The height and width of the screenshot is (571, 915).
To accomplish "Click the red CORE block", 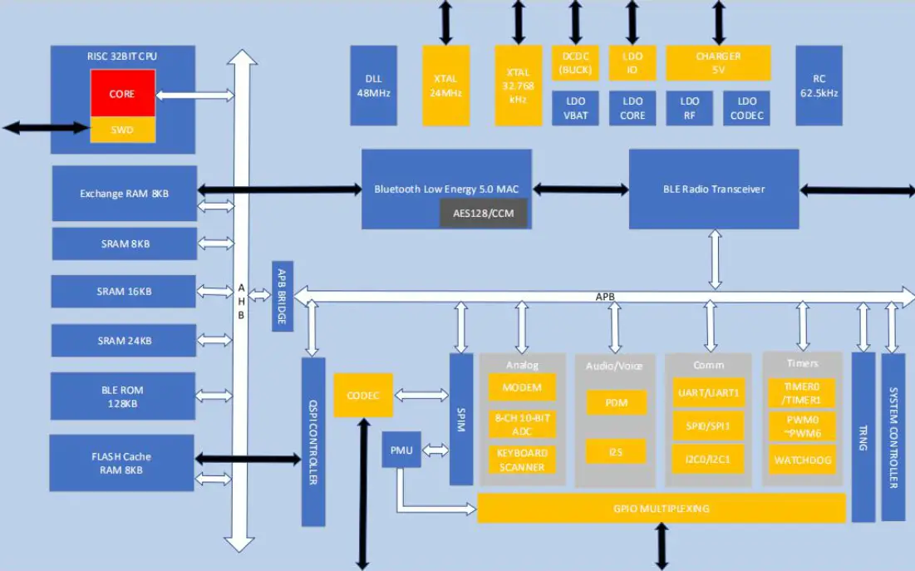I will tap(123, 93).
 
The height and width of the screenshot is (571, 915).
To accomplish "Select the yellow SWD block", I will tap(123, 130).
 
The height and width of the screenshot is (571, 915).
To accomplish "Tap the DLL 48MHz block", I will tap(373, 86).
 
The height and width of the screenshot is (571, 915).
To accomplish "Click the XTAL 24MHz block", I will tap(445, 86).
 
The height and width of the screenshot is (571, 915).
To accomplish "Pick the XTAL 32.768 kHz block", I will tap(518, 86).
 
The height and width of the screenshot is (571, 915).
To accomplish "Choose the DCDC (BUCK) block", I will tap(575, 63).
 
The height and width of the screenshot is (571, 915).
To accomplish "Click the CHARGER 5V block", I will tap(718, 63).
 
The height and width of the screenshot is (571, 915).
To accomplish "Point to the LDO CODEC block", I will tap(746, 108).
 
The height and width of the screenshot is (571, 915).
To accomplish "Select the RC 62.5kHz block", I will tap(819, 86).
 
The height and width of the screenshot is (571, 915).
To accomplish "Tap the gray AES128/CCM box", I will tap(483, 213).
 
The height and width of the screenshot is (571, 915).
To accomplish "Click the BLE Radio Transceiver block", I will tap(713, 189).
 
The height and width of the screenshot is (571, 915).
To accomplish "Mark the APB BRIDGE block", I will tap(283, 295).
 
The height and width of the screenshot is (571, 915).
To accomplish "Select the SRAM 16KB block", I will tap(124, 292).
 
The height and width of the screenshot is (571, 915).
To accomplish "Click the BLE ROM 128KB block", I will tap(123, 396).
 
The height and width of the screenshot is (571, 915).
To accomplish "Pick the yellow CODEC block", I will tap(362, 395).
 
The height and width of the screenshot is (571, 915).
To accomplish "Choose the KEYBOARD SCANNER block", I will tap(522, 460).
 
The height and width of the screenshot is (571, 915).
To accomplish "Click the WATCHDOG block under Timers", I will tap(802, 460).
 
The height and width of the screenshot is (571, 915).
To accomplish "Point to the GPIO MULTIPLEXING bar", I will tap(661, 508).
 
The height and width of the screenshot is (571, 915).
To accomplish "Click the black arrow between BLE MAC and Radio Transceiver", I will tap(580, 190).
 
